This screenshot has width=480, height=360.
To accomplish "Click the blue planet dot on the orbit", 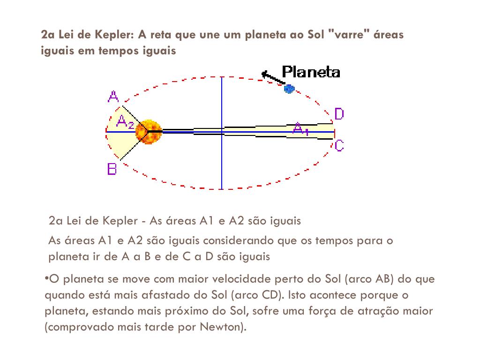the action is [x=289, y=88].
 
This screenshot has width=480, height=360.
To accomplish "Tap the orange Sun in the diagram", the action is [x=149, y=132].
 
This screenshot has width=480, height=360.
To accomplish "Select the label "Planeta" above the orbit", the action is [x=311, y=72].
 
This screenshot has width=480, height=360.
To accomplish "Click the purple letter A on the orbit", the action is [x=113, y=97].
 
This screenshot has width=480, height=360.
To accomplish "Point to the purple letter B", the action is [x=112, y=169].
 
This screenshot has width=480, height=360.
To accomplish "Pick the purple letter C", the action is [x=339, y=146].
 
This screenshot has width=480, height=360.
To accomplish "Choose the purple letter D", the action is [x=339, y=114].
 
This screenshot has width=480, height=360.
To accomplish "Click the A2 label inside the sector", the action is [x=125, y=123].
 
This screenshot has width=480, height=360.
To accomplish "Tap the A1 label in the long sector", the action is [x=300, y=129].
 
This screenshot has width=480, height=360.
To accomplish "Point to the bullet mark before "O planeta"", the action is [x=46, y=278].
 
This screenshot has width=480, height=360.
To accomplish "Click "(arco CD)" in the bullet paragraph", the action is [x=257, y=295].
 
